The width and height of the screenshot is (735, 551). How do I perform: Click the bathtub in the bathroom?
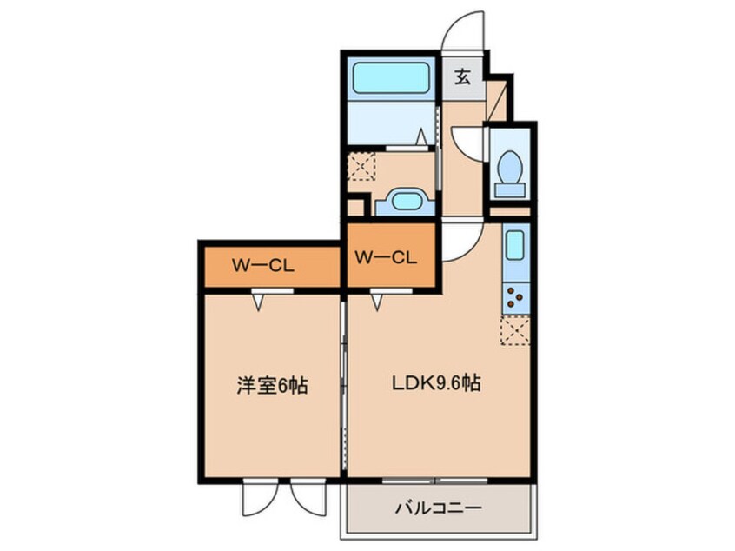click(391, 77)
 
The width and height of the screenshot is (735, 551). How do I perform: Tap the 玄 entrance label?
click(463, 76)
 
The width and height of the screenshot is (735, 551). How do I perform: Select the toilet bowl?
click(509, 167)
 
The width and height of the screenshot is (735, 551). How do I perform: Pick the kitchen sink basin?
click(515, 244)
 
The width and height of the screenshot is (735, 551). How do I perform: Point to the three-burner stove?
click(515, 298)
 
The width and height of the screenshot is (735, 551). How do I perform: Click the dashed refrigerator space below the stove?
click(515, 330)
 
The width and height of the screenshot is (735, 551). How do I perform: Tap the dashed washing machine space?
click(361, 166)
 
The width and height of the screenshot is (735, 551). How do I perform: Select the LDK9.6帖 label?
click(436, 384)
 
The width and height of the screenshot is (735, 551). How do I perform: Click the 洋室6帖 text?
click(272, 386)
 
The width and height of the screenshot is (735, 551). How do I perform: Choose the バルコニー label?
click(438, 508)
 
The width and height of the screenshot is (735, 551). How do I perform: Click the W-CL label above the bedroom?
click(263, 266)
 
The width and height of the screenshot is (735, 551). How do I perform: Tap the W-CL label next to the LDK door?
click(386, 257)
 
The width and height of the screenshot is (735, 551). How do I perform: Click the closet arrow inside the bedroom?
click(258, 303)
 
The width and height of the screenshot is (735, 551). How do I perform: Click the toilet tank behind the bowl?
click(510, 190)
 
